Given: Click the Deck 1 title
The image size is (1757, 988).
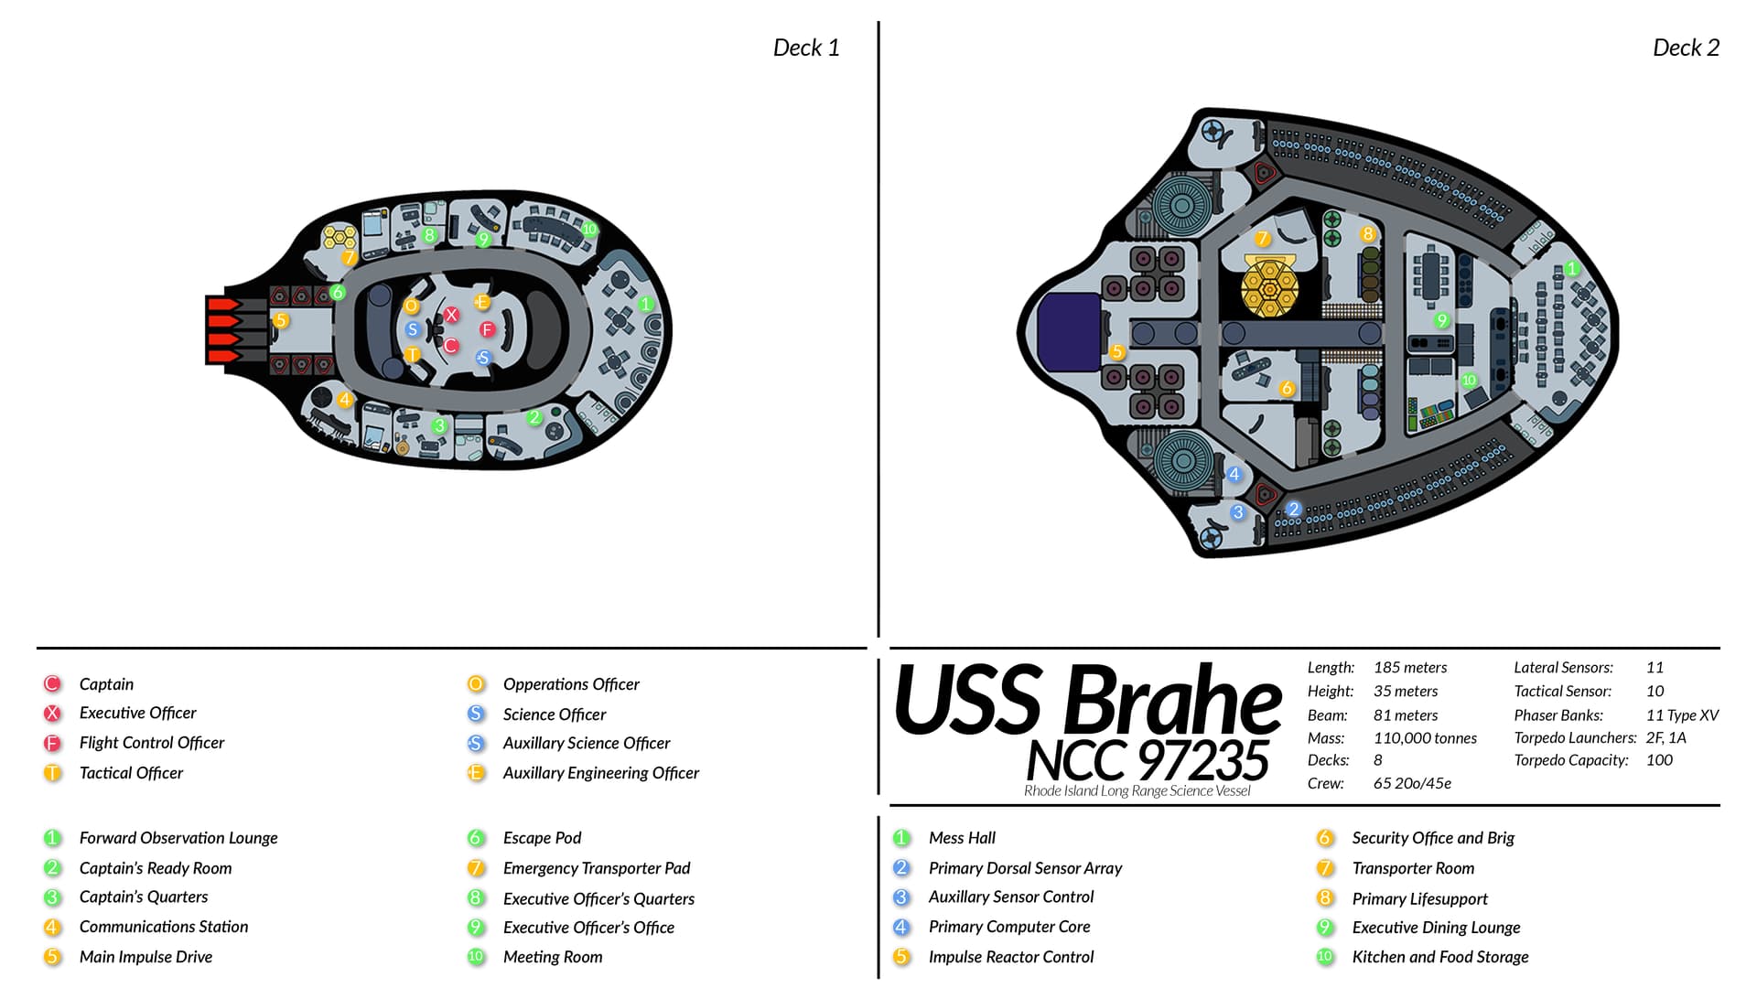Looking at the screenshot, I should click(805, 48).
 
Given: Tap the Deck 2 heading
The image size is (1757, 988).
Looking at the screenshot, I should click(1685, 48).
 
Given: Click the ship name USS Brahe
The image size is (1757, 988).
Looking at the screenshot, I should click(1087, 702).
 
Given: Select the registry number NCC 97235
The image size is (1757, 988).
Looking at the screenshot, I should click(1147, 760).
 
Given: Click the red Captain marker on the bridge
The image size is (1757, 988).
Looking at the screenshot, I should click(450, 345).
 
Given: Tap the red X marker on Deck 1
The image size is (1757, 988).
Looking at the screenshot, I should click(451, 315).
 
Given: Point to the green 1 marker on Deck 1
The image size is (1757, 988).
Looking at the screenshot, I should click(646, 304).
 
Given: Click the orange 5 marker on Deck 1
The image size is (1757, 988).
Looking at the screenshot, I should click(281, 320).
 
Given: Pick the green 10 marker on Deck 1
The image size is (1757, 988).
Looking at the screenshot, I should click(588, 229).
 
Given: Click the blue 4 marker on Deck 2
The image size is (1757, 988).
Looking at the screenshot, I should click(1234, 474).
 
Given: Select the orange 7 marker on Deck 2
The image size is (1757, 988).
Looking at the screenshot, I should click(1263, 239).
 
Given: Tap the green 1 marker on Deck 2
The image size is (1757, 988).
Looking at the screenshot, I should click(1571, 269).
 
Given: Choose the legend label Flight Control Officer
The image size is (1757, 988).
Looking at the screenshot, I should click(151, 743).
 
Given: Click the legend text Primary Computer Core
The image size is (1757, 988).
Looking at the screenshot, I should click(1008, 927).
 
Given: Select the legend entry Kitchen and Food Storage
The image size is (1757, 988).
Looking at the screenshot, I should click(1439, 957).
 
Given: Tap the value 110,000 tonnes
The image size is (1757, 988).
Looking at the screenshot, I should click(1424, 738).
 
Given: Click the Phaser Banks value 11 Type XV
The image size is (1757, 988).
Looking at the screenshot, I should click(1681, 715).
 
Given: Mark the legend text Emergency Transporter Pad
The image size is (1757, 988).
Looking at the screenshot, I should click(596, 868).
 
